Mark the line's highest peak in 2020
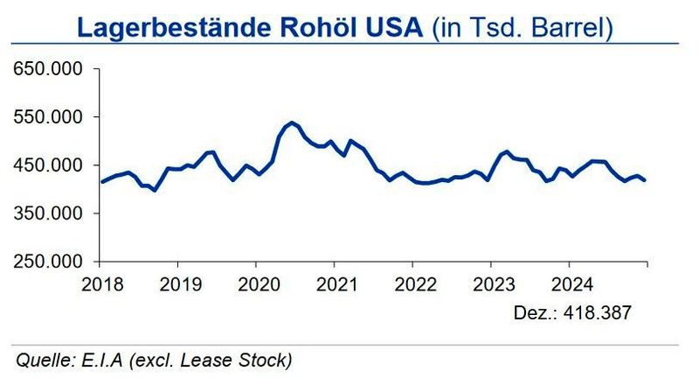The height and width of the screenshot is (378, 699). pos(291,123)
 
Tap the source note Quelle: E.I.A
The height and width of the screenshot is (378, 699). pos(153,360)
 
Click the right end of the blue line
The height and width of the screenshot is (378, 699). pos(647,180)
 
